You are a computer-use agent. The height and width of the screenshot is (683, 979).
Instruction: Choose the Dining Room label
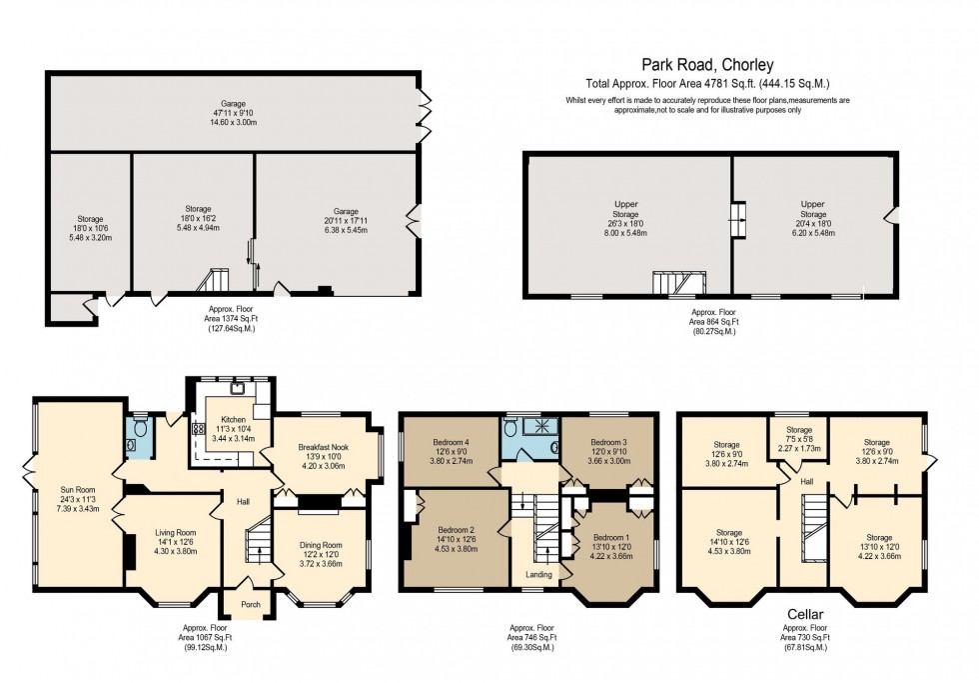(x=323, y=545)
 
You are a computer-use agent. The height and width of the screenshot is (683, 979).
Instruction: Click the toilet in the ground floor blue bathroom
(x=141, y=428)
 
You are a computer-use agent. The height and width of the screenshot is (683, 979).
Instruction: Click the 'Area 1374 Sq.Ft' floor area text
(x=232, y=319)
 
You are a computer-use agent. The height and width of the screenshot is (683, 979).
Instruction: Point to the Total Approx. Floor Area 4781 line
(x=708, y=84)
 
